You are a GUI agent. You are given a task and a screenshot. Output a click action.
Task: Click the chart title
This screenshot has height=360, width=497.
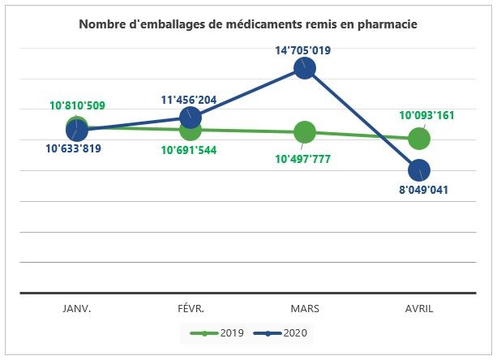pyautogui.click(x=248, y=24)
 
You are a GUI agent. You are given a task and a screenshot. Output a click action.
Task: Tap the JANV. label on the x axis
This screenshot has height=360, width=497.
pyautogui.click(x=77, y=309)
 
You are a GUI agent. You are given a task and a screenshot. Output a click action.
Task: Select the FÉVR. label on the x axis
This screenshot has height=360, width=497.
pyautogui.click(x=191, y=309)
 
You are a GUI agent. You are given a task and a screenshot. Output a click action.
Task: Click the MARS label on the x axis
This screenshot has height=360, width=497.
pyautogui.click(x=304, y=309)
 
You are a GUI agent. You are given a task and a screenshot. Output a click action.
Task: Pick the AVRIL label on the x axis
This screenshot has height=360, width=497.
pyautogui.click(x=418, y=309)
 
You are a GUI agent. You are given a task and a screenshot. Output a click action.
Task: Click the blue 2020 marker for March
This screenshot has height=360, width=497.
pyautogui.click(x=305, y=68)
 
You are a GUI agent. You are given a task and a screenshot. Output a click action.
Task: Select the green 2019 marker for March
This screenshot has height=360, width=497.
pyautogui.click(x=305, y=132)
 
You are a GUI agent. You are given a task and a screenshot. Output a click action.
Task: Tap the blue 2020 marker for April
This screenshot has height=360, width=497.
pyautogui.click(x=419, y=170)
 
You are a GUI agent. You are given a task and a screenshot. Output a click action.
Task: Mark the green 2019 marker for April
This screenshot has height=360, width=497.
pyautogui.click(x=419, y=139)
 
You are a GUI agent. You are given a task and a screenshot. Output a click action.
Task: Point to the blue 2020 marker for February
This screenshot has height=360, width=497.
pyautogui.click(x=191, y=119)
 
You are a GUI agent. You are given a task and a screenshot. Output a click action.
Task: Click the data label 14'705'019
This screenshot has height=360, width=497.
pyautogui.click(x=302, y=50)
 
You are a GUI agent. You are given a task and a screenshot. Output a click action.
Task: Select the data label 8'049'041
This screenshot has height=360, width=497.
pyautogui.click(x=421, y=191)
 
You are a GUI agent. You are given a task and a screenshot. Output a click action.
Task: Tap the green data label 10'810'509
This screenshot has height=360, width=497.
pyautogui.click(x=77, y=105)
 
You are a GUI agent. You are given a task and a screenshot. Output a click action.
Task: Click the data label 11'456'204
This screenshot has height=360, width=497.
pyautogui.click(x=188, y=101)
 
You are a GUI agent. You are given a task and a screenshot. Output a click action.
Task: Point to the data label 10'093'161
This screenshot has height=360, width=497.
pyautogui.click(x=426, y=115)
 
